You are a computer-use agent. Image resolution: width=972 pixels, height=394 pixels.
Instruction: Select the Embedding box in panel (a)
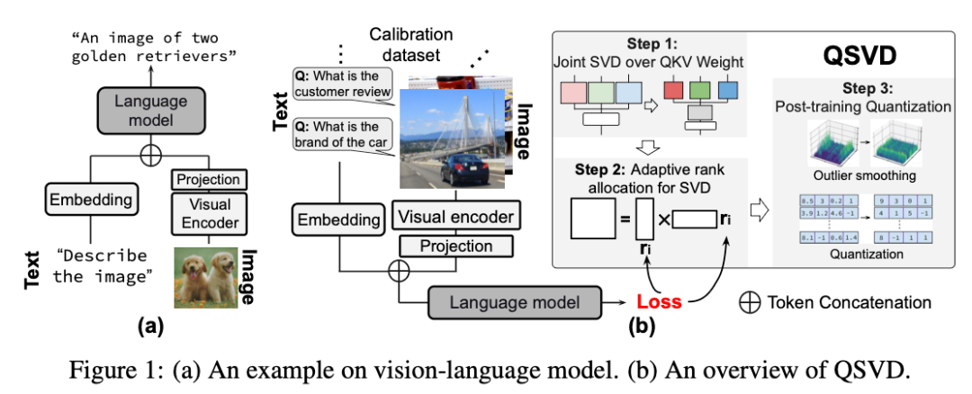tap(90, 199)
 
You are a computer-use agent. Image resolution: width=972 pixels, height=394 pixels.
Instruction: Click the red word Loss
tap(659, 302)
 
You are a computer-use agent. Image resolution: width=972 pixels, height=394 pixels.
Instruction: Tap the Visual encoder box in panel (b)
tap(455, 216)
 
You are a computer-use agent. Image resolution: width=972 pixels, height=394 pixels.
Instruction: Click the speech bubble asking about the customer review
tap(342, 85)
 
